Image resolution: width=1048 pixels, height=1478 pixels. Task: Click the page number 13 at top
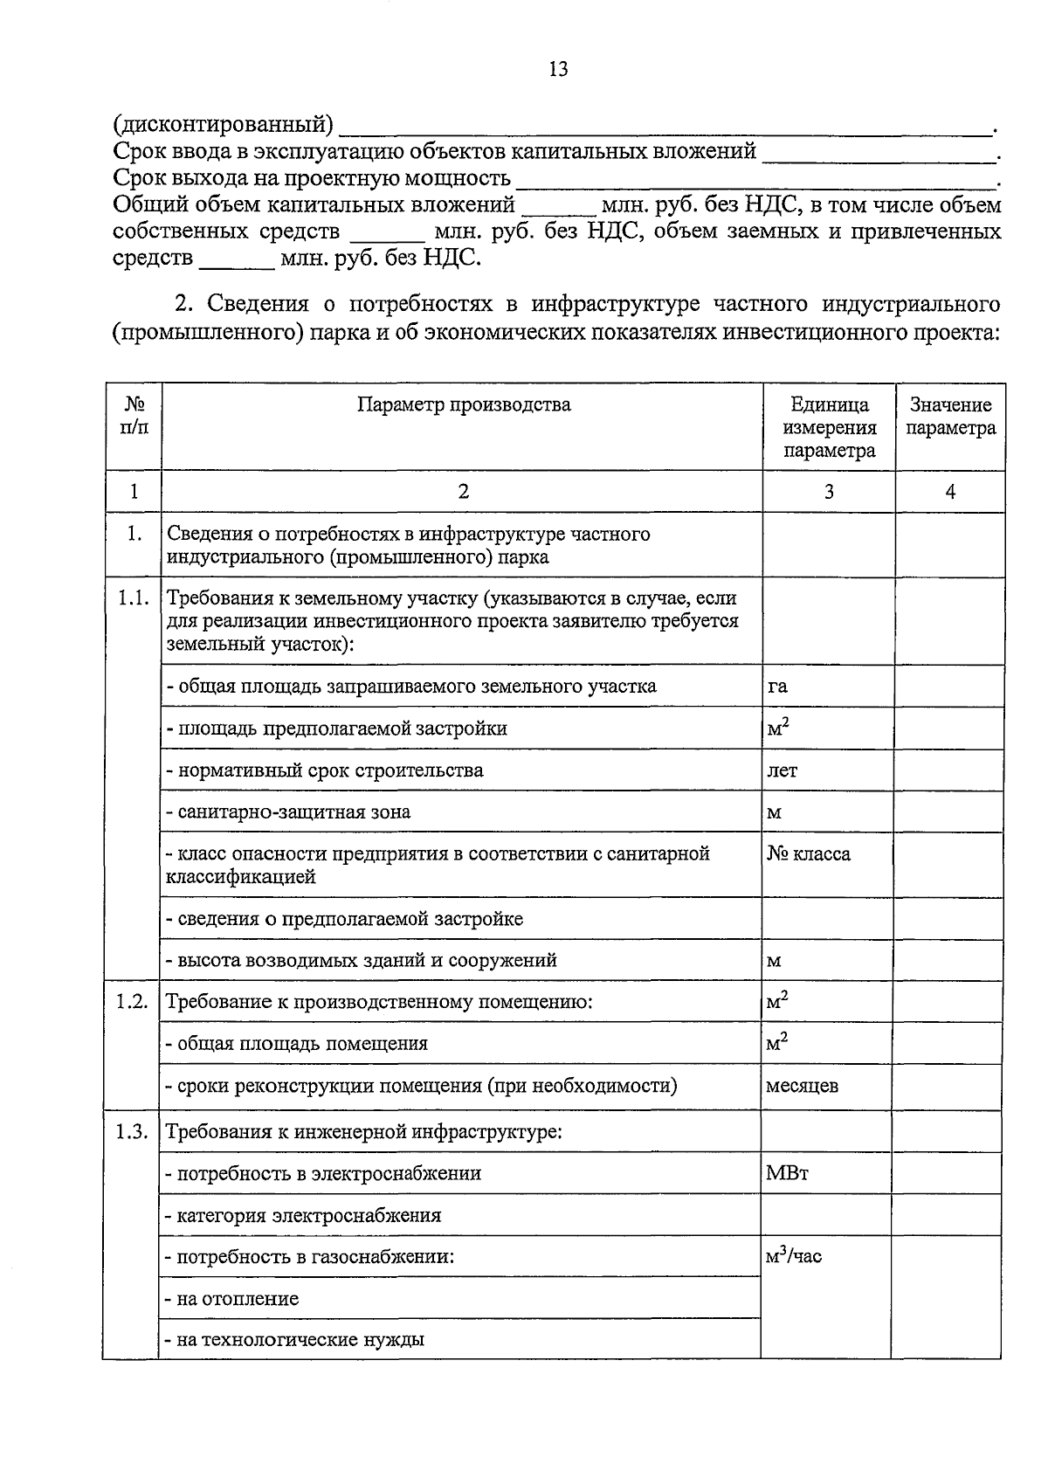558,69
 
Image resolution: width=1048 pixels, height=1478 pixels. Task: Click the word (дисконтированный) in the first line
224,126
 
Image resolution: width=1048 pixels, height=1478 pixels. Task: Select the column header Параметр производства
463,404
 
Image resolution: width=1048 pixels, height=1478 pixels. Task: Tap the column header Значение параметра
950,417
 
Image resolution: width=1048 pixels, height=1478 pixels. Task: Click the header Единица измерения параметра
829,428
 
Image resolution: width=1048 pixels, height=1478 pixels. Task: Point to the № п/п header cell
134,417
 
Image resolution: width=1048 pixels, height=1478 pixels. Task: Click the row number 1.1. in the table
133,598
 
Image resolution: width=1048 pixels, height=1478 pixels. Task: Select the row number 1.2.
133,1002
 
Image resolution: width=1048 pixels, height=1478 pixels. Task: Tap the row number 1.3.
133,1132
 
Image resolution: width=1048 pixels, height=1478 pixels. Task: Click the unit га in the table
777,686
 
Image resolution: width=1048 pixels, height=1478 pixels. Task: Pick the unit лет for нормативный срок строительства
782,770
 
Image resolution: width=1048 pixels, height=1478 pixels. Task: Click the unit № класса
809,853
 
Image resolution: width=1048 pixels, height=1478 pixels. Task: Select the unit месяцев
802,1086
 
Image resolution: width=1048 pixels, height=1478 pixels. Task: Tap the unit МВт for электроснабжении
787,1173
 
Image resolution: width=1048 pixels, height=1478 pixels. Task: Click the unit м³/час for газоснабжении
793,1257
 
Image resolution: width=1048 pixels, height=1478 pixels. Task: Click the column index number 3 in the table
828,492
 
